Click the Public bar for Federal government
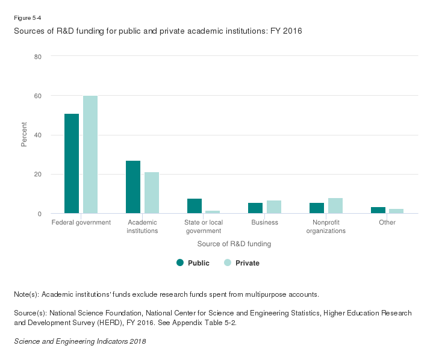pyautogui.click(x=72, y=163)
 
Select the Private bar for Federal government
pyautogui.click(x=90, y=155)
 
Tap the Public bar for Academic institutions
pyautogui.click(x=133, y=187)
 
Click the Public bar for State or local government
pyautogui.click(x=195, y=206)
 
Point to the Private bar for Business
pyautogui.click(x=274, y=206)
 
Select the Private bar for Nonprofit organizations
pyautogui.click(x=335, y=205)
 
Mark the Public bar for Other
pyautogui.click(x=378, y=210)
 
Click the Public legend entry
pyautogui.click(x=193, y=263)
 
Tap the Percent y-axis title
pyautogui.click(x=24, y=135)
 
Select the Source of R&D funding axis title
pyautogui.click(x=234, y=244)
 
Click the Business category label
pyautogui.click(x=265, y=223)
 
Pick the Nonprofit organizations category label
pyautogui.click(x=326, y=226)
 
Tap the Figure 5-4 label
pyautogui.click(x=27, y=19)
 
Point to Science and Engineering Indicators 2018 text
pyautogui.click(x=79, y=341)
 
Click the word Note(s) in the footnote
pyautogui.click(x=25, y=294)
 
